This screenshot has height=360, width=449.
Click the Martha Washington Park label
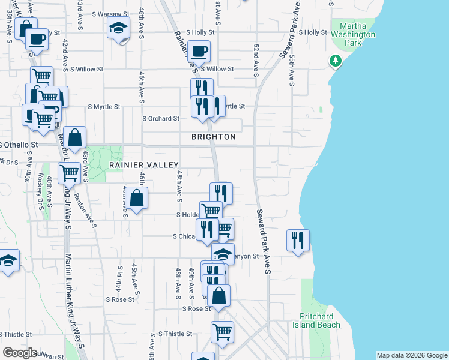click(357, 35)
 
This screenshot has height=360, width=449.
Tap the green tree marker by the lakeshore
click(335, 61)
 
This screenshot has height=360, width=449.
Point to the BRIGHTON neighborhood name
click(214, 137)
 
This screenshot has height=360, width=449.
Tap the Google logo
click(20, 353)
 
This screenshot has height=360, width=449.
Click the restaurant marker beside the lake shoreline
click(298, 239)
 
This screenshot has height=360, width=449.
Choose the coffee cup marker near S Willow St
click(199, 51)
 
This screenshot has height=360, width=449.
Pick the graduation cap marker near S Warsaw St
click(118, 27)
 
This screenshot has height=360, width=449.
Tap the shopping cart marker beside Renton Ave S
click(70, 173)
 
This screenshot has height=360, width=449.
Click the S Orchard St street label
click(161, 119)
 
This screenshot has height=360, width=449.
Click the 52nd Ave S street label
click(256, 60)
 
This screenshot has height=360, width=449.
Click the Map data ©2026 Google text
click(411, 355)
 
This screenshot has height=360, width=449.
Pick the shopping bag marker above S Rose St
click(219, 295)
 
